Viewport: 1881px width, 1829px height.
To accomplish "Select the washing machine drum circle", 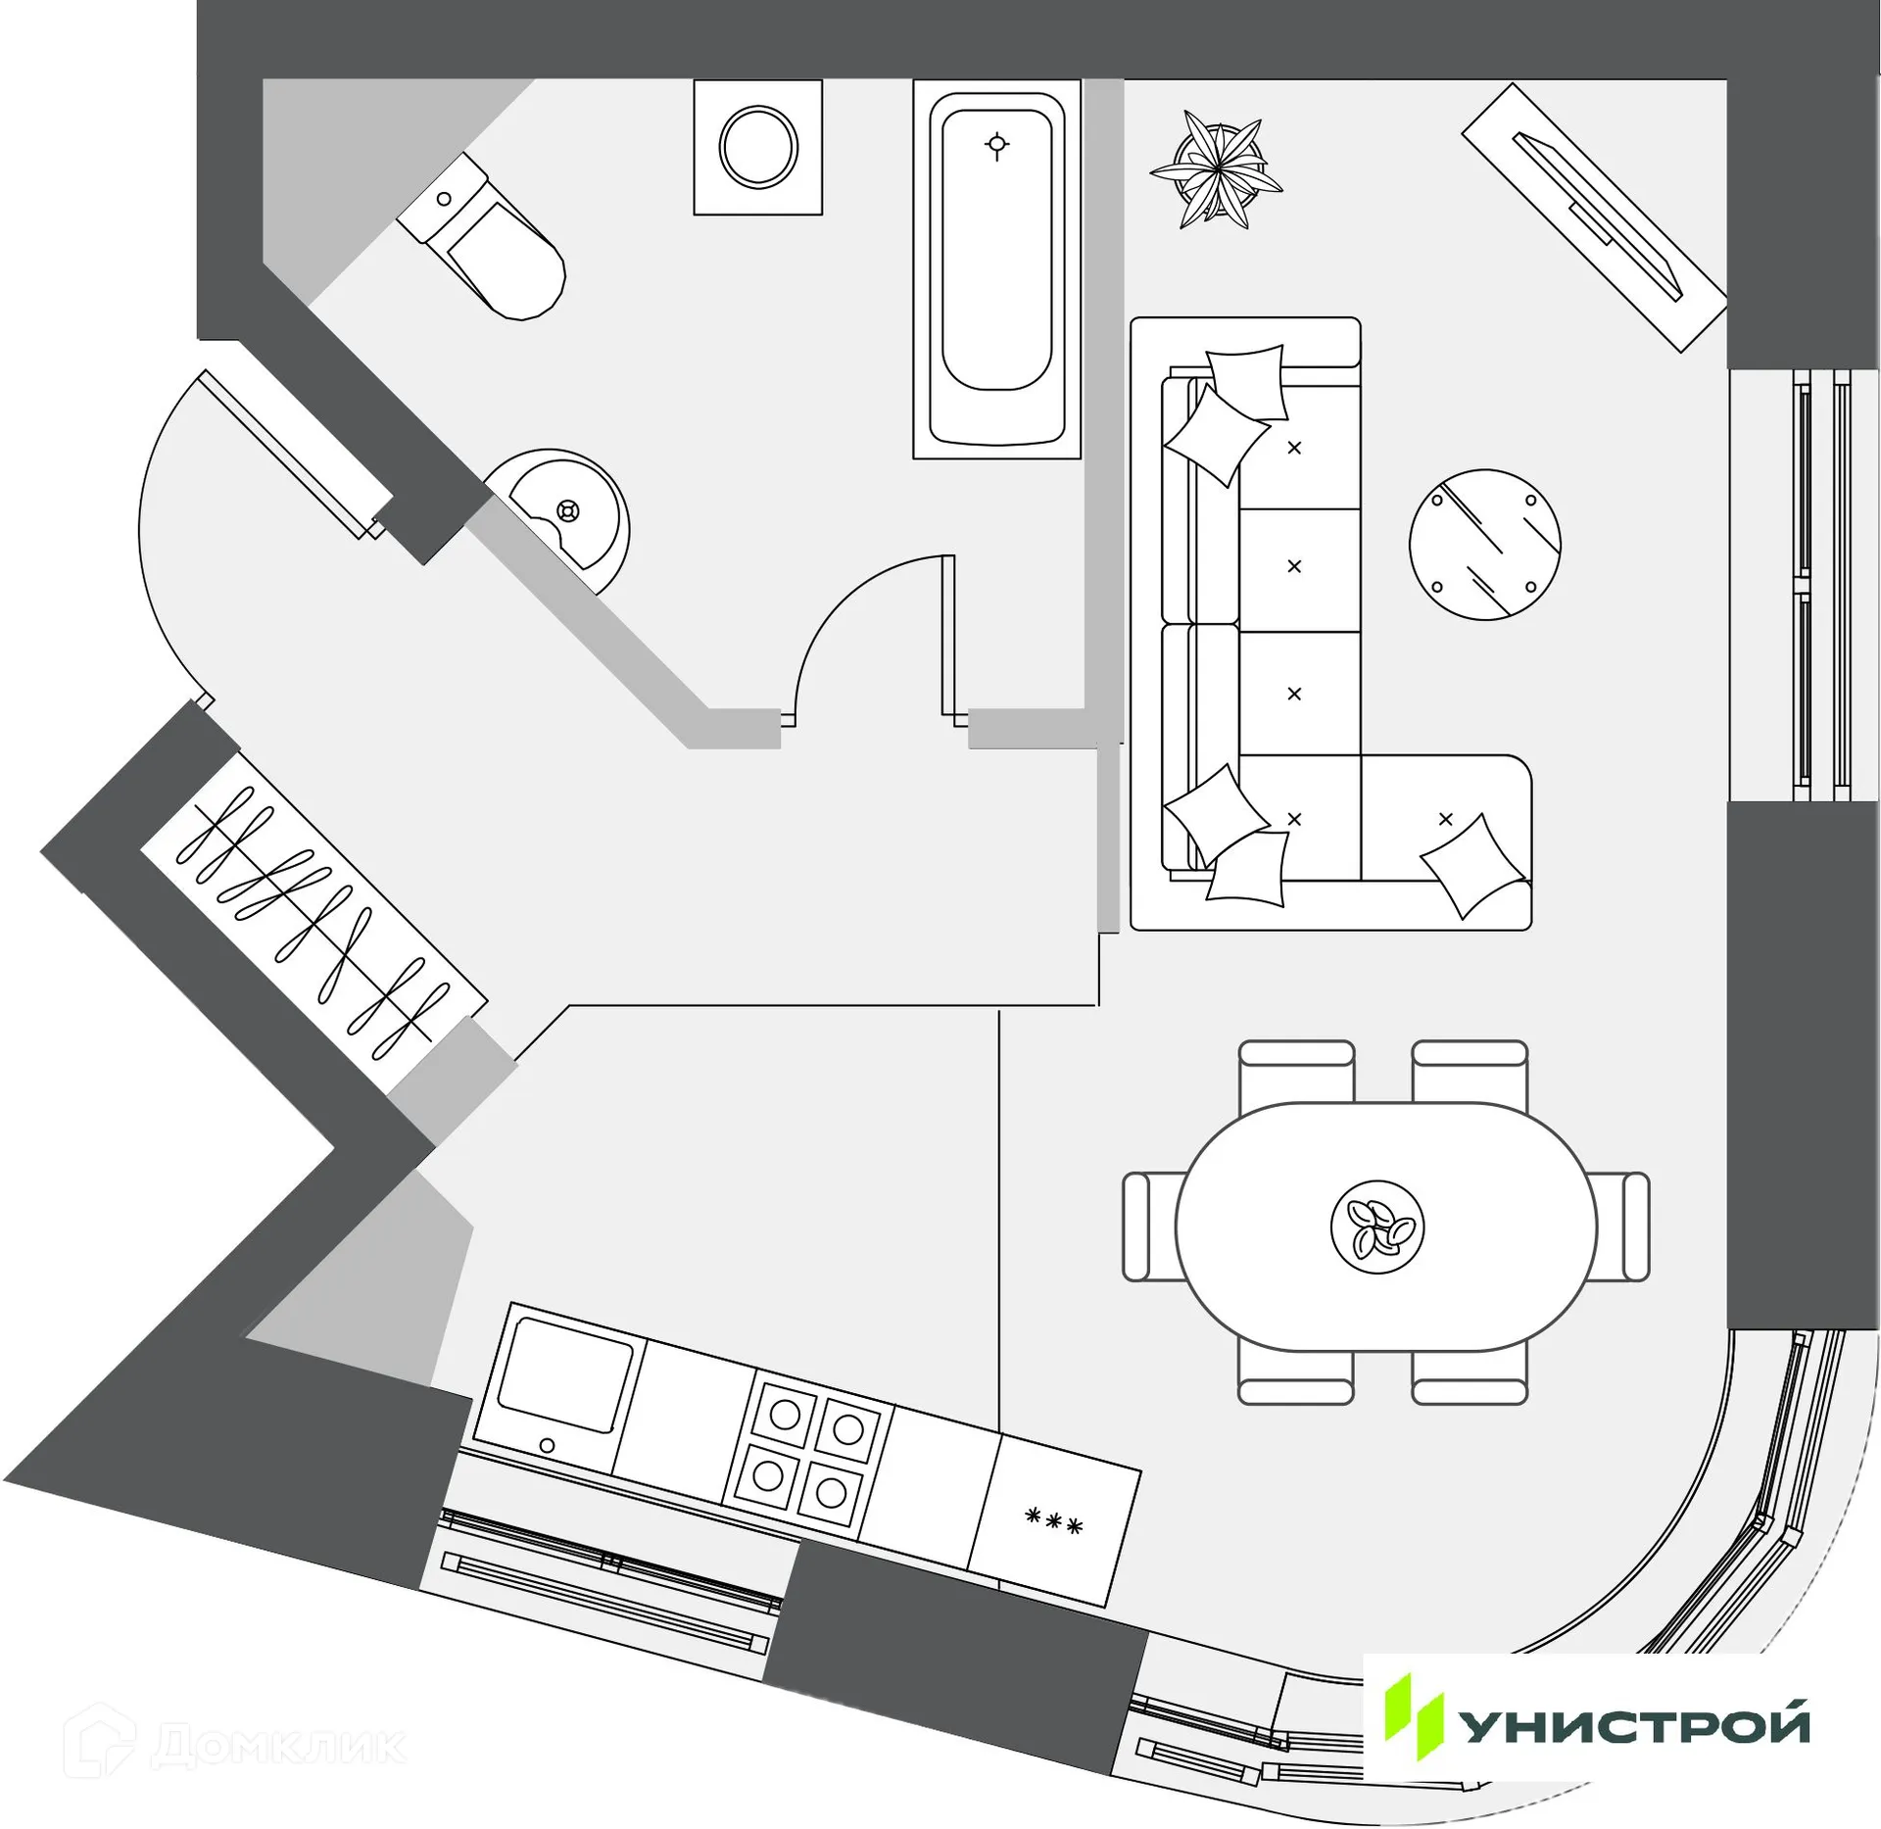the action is [x=757, y=147].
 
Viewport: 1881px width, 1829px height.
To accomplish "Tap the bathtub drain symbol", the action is [x=996, y=146].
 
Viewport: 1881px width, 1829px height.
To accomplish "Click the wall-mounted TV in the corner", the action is [x=1594, y=217].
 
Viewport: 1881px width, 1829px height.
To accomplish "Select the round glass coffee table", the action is [x=1484, y=545].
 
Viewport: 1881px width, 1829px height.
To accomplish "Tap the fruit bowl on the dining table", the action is [x=1376, y=1227].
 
